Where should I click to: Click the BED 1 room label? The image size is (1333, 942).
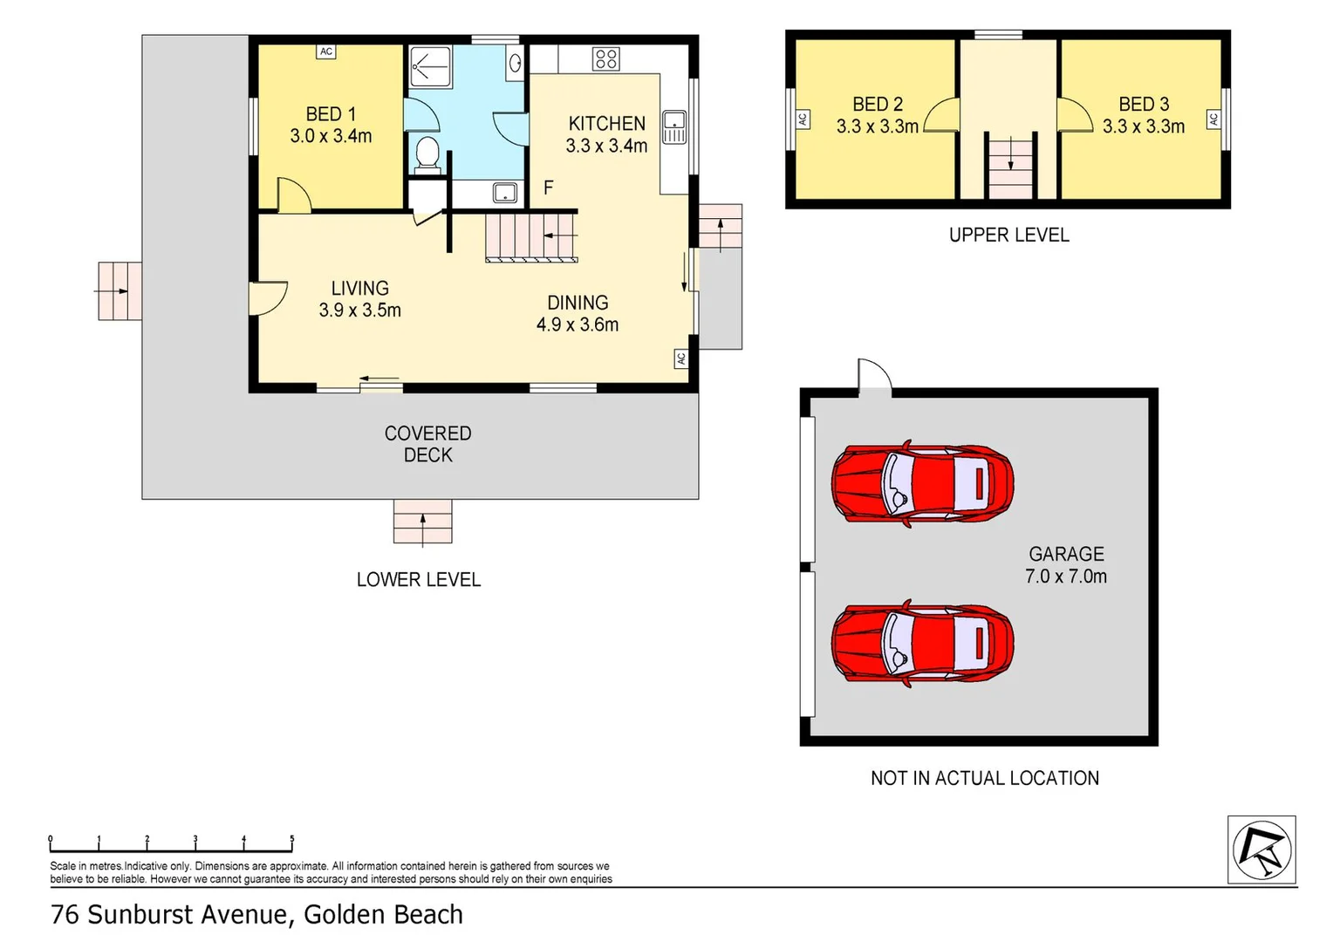pyautogui.click(x=331, y=113)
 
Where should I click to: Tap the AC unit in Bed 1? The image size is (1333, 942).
pyautogui.click(x=326, y=51)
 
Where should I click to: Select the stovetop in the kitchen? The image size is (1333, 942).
pyautogui.click(x=605, y=59)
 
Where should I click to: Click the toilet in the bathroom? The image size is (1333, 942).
pyautogui.click(x=427, y=154)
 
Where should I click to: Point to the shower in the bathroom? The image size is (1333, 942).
pyautogui.click(x=431, y=66)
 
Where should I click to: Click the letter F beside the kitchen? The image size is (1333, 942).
pyautogui.click(x=549, y=188)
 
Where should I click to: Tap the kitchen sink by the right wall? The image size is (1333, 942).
pyautogui.click(x=674, y=126)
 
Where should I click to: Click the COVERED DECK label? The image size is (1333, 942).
pyautogui.click(x=427, y=444)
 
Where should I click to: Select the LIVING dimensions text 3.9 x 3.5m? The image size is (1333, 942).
pyautogui.click(x=360, y=310)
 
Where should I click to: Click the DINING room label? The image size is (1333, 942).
pyautogui.click(x=578, y=303)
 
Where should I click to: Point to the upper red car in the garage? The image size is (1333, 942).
pyautogui.click(x=922, y=484)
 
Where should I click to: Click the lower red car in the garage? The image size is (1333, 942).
pyautogui.click(x=922, y=644)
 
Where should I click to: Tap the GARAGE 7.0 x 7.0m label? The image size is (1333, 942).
pyautogui.click(x=1066, y=565)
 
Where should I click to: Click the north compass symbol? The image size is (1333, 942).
pyautogui.click(x=1261, y=850)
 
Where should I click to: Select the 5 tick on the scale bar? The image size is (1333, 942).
pyautogui.click(x=292, y=843)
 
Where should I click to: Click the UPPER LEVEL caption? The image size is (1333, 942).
pyautogui.click(x=1008, y=235)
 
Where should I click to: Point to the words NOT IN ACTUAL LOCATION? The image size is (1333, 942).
pyautogui.click(x=985, y=778)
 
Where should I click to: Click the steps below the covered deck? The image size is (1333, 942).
pyautogui.click(x=422, y=522)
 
